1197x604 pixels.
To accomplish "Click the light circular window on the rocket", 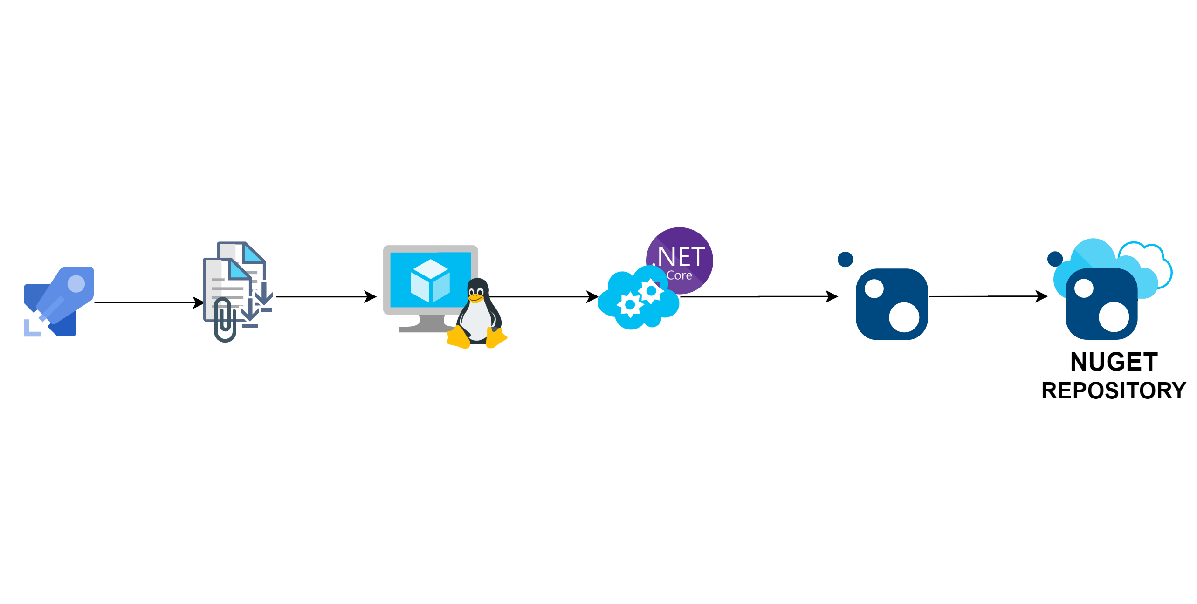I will tap(76, 284).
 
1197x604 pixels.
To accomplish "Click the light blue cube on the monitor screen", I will tap(430, 281).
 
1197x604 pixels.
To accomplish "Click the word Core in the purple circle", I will tap(679, 275).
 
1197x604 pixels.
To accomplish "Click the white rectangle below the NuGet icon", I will tap(892, 372).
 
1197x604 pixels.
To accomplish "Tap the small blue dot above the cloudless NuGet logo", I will tap(845, 260).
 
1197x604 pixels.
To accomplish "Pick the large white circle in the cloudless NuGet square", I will tap(904, 317).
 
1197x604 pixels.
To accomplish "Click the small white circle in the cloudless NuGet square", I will tap(874, 288).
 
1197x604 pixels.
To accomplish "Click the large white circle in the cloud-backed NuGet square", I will tap(1114, 317).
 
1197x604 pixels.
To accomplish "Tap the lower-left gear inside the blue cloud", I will tap(630, 305).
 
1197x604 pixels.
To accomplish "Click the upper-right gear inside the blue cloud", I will tap(651, 291).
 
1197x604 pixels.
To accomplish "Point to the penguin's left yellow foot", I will tap(458, 338).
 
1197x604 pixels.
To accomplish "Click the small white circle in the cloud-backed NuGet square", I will tap(1084, 288).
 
